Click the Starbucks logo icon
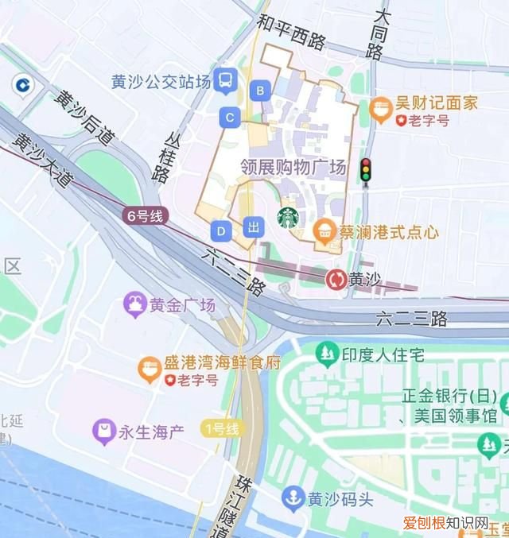pos(287,215)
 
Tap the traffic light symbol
pos(366,169)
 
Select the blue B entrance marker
pos(259,91)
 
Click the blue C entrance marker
pos(230,118)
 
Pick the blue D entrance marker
pos(221,231)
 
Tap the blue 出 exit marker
pos(254,227)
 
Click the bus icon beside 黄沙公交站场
pos(227,78)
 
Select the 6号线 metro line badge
pos(144,215)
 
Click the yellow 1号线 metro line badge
pos(222,429)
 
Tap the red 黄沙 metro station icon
pos(336,279)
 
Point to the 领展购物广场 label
pos(293,168)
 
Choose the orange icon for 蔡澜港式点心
pos(324,232)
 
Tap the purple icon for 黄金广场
pos(134,304)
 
